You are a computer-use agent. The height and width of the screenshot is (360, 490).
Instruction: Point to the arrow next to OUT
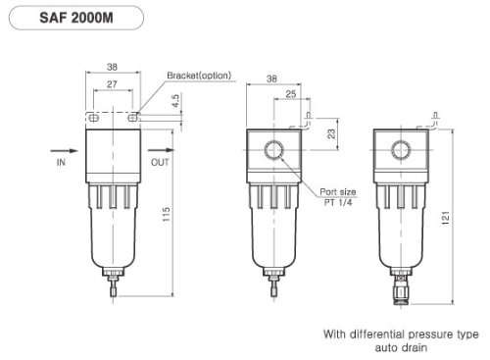click(x=160, y=151)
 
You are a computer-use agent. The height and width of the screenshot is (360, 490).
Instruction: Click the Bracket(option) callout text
click(x=200, y=76)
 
